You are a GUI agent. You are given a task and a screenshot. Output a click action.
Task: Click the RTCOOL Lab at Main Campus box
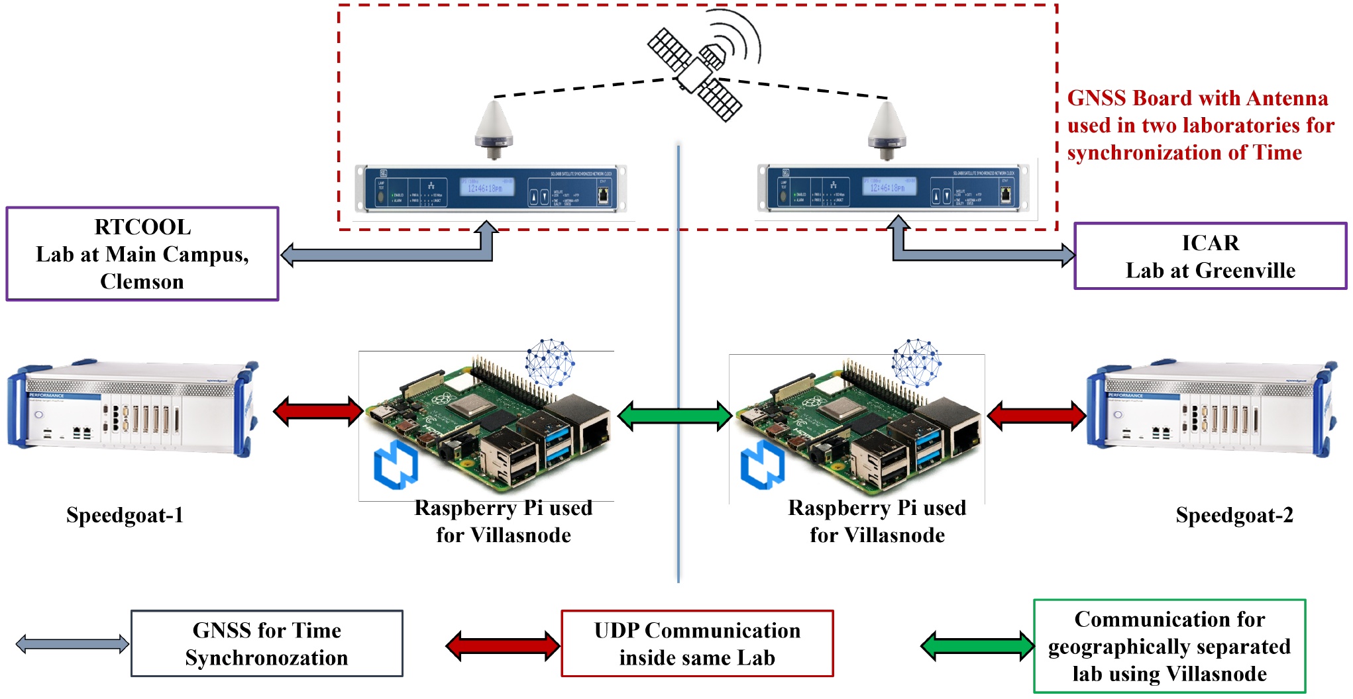point(142,254)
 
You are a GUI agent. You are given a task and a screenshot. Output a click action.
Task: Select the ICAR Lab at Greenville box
point(1210,256)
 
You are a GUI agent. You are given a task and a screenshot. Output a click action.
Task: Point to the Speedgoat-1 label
point(125,515)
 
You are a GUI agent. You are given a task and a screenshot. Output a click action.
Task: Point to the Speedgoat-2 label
point(1234,515)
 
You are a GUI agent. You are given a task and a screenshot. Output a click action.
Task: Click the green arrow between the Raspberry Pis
point(675,416)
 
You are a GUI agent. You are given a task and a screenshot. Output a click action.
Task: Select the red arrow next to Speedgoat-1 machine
point(318,411)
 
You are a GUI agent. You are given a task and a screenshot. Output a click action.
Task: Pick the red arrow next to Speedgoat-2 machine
point(1036,416)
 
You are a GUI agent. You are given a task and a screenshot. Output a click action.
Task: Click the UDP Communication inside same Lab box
point(697,643)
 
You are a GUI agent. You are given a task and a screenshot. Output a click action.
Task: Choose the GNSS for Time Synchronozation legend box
point(267,643)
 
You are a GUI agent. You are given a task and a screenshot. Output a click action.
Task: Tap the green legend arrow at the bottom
point(977,646)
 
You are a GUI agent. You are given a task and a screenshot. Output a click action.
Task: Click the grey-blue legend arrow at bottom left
point(72,643)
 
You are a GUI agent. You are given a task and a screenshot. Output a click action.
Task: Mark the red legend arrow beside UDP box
point(503,646)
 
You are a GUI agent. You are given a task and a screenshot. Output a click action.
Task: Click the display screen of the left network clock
point(486,187)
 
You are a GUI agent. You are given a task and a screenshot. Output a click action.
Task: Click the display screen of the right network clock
point(889,187)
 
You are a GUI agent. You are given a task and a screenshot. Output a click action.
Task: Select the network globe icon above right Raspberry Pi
point(916,363)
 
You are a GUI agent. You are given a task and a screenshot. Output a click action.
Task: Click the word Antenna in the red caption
point(1287,98)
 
